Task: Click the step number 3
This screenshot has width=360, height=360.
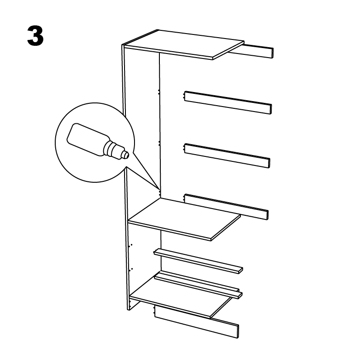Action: click(x=35, y=36)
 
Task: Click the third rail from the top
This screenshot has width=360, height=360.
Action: click(x=226, y=155)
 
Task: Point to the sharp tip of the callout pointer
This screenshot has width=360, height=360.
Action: click(x=159, y=189)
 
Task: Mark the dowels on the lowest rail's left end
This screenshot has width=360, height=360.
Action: click(x=154, y=311)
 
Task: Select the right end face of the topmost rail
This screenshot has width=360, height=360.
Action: click(x=272, y=53)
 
